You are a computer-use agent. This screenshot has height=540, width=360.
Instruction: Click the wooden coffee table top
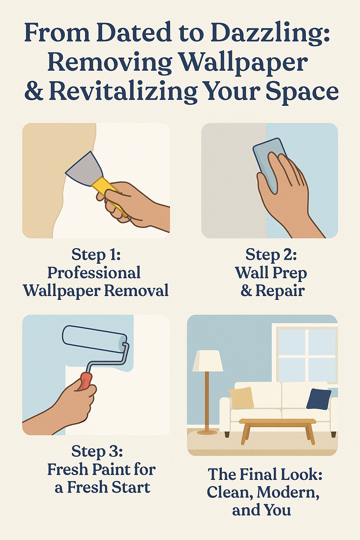[x=277, y=422]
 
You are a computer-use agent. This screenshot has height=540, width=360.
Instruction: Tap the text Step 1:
[x=96, y=255]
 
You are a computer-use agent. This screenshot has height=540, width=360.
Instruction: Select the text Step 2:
[x=271, y=255]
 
